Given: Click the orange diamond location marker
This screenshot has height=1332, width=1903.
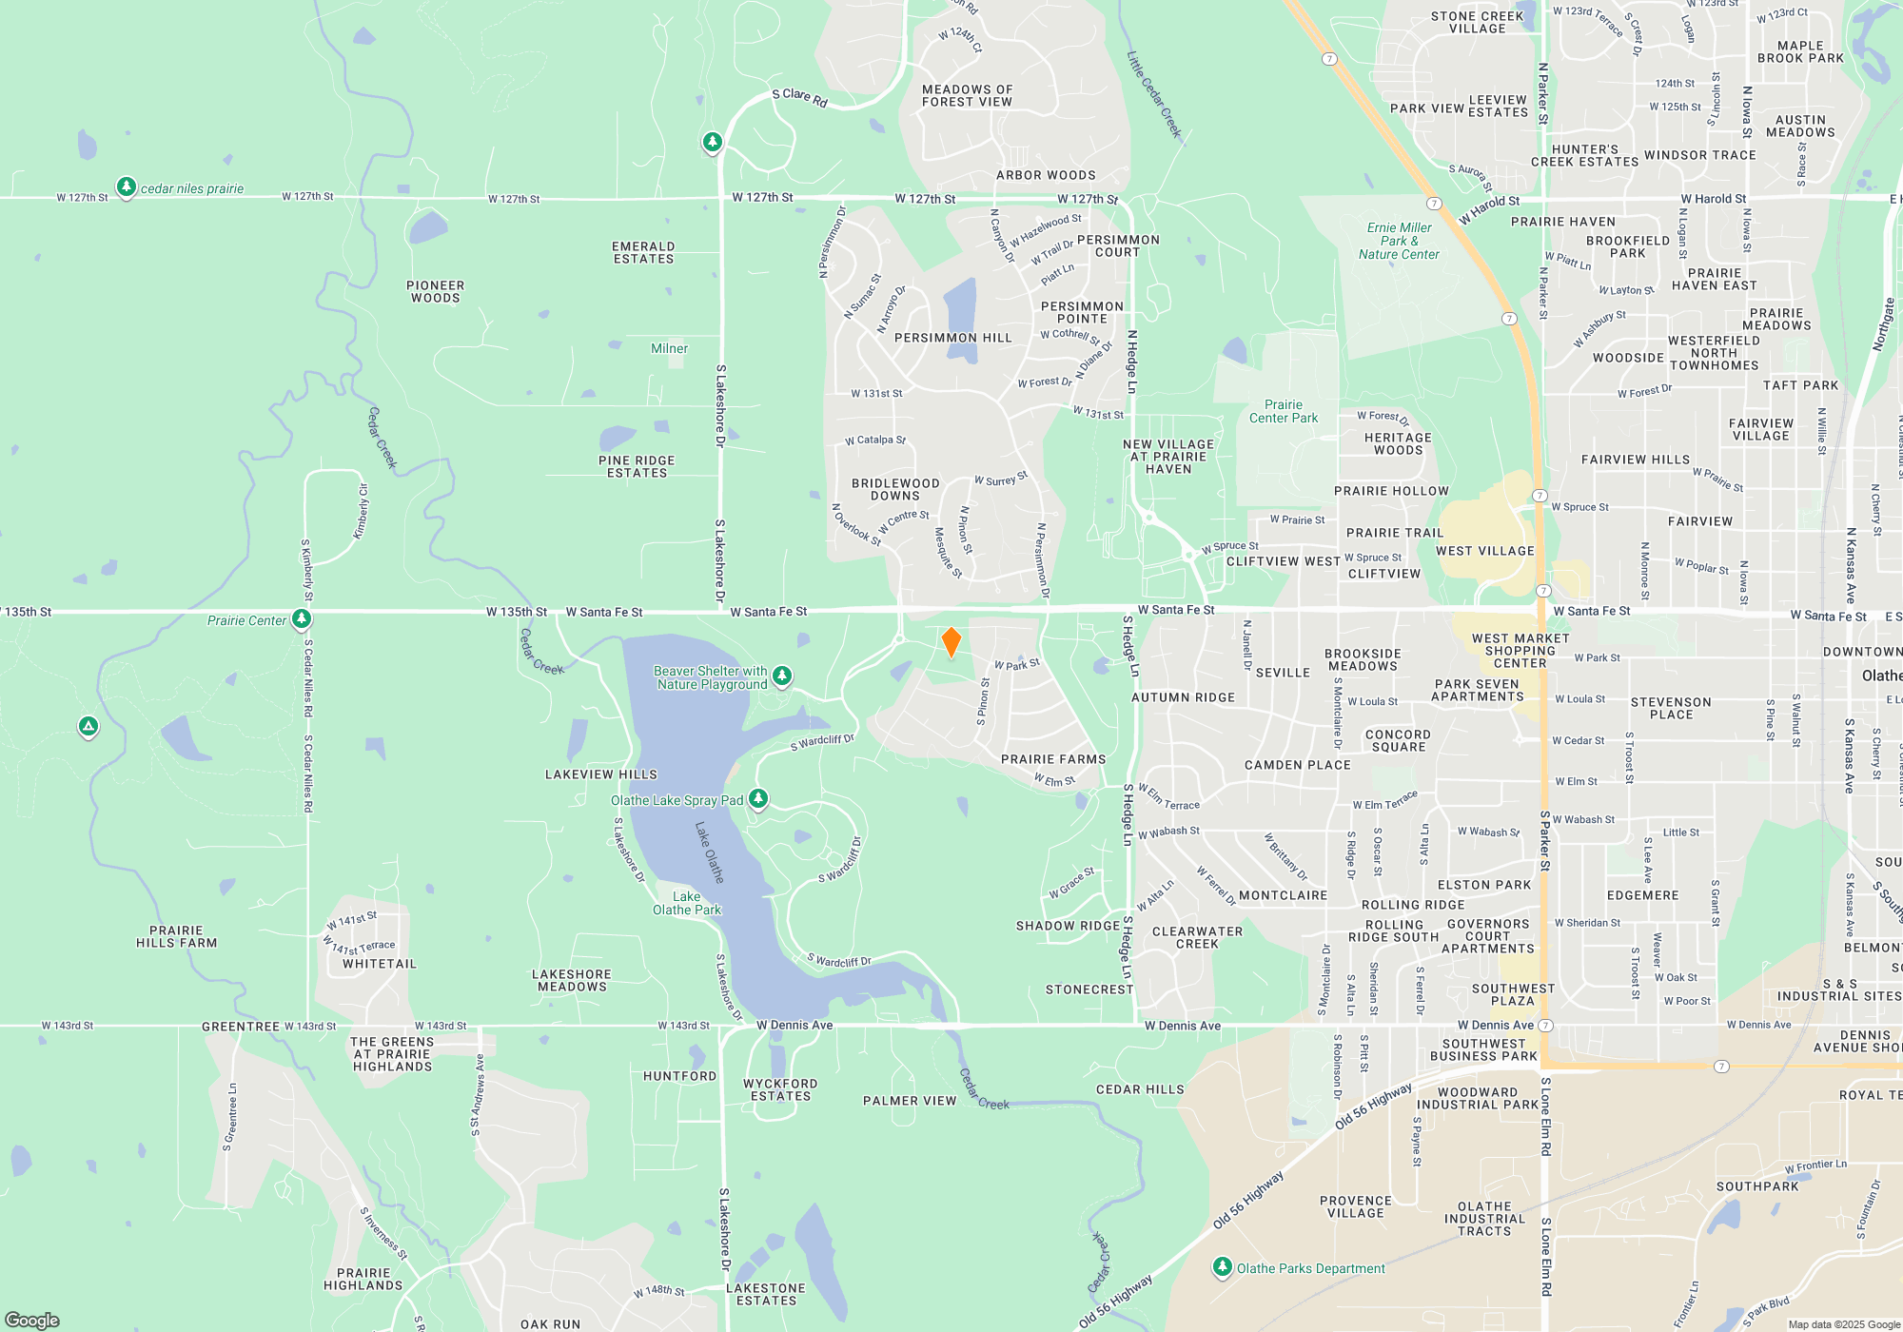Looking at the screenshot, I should coord(951,642).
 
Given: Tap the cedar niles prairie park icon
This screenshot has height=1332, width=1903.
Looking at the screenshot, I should coord(126,187).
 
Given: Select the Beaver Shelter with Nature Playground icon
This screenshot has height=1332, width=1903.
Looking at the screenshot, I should coord(782,676).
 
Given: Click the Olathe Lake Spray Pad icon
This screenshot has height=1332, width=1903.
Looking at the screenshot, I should coord(758,799).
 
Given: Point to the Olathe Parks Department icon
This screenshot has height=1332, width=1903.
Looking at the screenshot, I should coord(1223,1267).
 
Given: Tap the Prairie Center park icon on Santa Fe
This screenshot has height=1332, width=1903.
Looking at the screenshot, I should coord(302,619).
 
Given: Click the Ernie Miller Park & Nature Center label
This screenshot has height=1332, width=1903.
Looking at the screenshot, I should coord(1399,241).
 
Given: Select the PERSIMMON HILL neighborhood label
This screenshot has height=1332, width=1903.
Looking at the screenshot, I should coord(953,338).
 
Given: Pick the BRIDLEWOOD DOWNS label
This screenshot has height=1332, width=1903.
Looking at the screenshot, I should coord(895,489).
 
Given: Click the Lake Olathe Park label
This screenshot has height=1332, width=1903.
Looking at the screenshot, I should coord(687,903).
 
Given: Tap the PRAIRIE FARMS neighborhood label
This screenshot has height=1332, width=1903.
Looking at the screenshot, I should coord(1053,759).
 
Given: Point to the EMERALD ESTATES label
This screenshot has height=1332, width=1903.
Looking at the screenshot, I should coord(643,252).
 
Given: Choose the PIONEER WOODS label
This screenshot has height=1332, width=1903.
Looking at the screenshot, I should coord(436,291).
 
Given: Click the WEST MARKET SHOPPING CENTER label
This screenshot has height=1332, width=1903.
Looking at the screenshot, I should coord(1520,651).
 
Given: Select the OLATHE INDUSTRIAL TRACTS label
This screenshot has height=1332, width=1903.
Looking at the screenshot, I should coord(1484,1219).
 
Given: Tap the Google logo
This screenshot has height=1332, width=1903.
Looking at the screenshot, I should coord(32,1320).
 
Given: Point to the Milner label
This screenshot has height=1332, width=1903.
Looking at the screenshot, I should coord(669,348).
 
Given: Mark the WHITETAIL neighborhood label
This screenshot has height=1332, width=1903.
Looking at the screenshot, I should coord(380,964).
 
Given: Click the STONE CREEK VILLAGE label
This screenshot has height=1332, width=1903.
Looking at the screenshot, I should coord(1478,22).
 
